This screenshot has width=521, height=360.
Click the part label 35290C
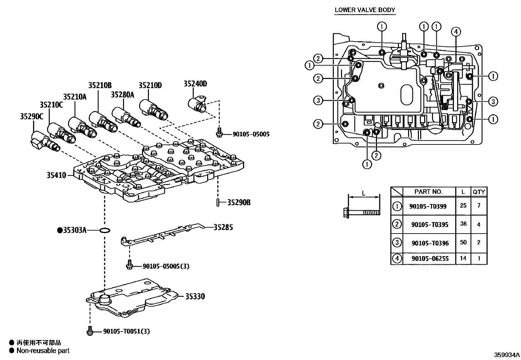pyautogui.click(x=31, y=116)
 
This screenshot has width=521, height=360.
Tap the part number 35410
pyautogui.click(x=56, y=175)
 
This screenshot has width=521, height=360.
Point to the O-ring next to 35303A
pyautogui.click(x=104, y=231)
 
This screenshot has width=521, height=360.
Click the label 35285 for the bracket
pyautogui.click(x=223, y=227)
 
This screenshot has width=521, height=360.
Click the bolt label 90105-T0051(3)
pyautogui.click(x=126, y=331)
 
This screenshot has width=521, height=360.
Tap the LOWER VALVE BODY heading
pyautogui.click(x=365, y=10)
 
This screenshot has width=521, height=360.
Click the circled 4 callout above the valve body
pyautogui.click(x=456, y=32)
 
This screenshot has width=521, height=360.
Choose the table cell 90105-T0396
pyautogui.click(x=430, y=243)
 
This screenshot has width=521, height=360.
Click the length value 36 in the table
pyautogui.click(x=463, y=224)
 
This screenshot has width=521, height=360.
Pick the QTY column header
pyautogui.click(x=478, y=192)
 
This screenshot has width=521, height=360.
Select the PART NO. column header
pyautogui.click(x=428, y=192)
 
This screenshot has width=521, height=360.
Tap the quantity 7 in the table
pyautogui.click(x=479, y=206)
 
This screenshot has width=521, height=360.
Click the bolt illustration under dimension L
pyautogui.click(x=362, y=212)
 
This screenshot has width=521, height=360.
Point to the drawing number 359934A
pyautogui.click(x=507, y=354)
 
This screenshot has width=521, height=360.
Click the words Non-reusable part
pyautogui.click(x=43, y=351)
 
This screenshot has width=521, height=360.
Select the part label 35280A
pyautogui.click(x=122, y=95)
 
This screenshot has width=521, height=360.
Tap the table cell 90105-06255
pyautogui.click(x=430, y=258)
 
